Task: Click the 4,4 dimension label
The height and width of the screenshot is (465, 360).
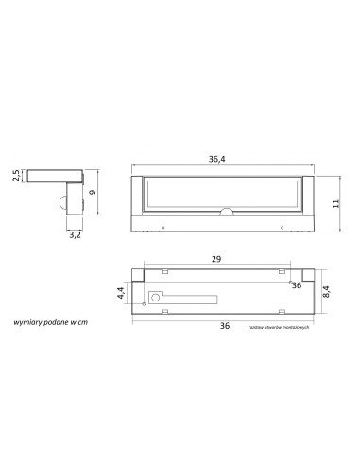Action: tap(120, 293)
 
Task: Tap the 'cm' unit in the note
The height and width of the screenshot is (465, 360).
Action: tap(83, 322)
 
